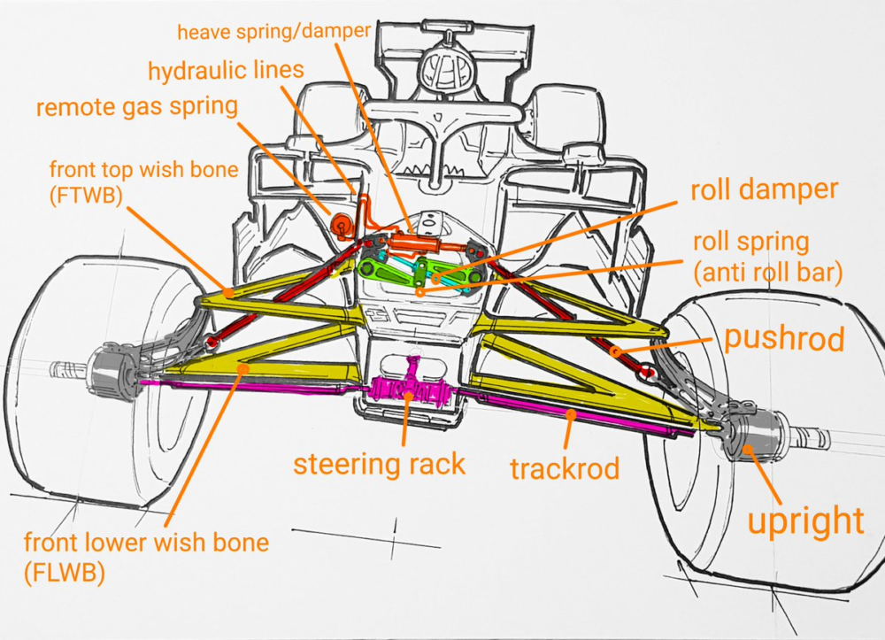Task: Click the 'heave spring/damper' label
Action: (273, 33)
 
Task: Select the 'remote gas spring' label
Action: (137, 108)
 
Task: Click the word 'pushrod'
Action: (783, 338)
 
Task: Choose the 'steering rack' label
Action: (379, 463)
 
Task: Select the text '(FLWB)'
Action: (64, 573)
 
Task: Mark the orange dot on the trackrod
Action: (573, 413)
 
